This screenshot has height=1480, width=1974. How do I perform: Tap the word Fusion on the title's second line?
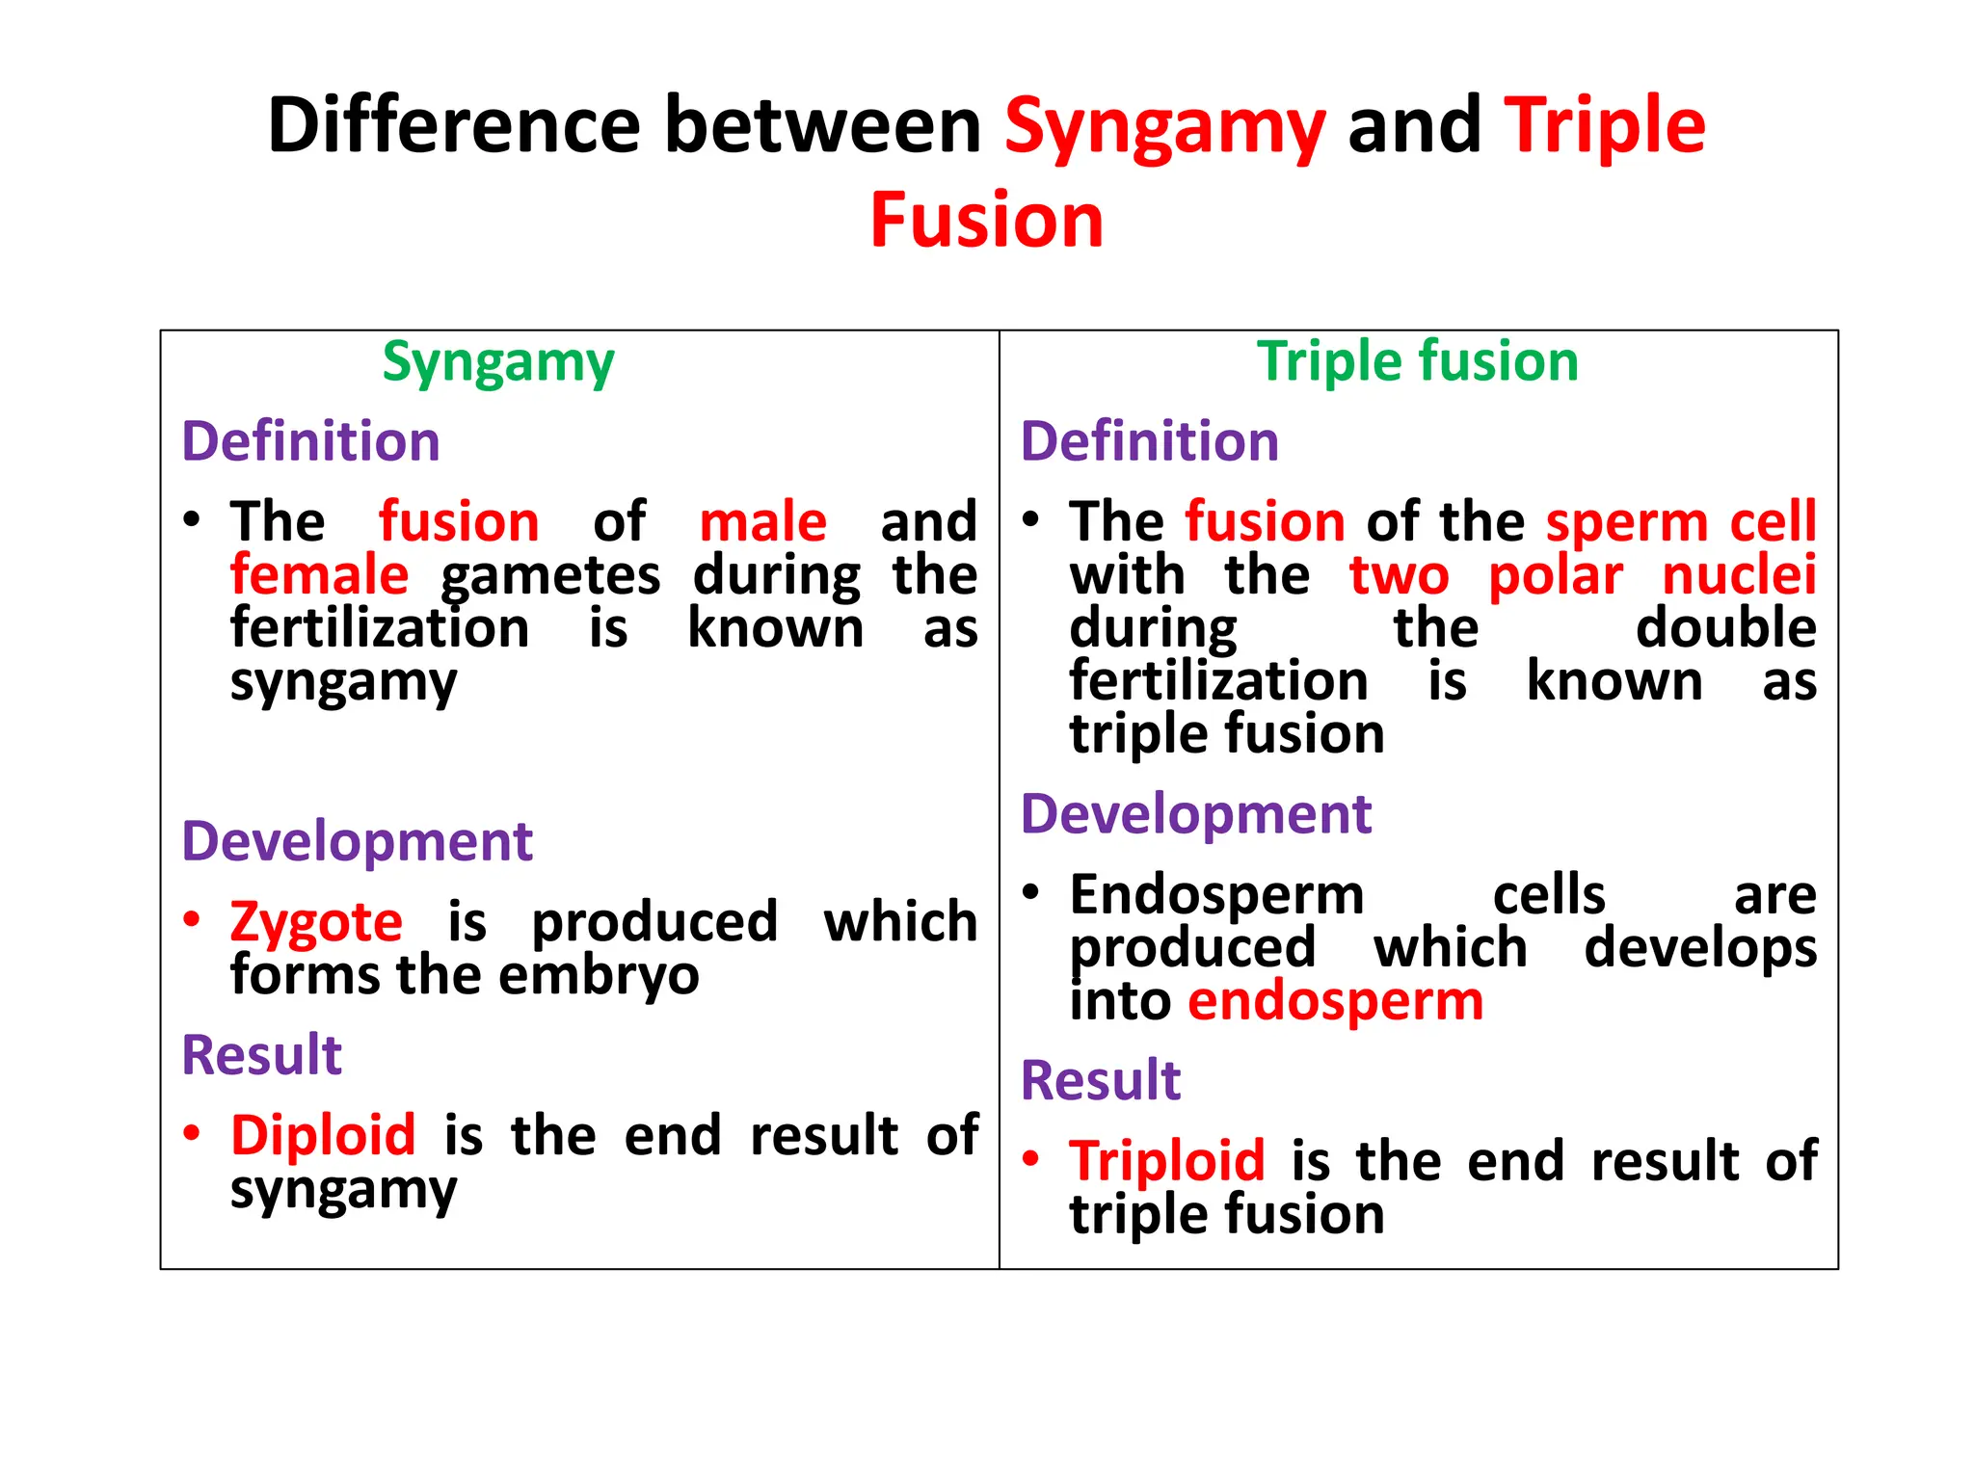pyautogui.click(x=986, y=222)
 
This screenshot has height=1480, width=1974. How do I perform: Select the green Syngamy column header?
pyautogui.click(x=497, y=363)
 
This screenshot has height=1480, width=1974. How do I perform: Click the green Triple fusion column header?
pyautogui.click(x=1417, y=361)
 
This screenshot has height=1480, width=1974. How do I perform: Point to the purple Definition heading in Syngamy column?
pyautogui.click(x=310, y=441)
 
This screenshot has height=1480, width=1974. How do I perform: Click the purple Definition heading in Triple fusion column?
pyautogui.click(x=1149, y=441)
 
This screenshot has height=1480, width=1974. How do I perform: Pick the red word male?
pyautogui.click(x=762, y=522)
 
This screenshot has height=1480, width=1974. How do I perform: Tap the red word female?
pyautogui.click(x=319, y=575)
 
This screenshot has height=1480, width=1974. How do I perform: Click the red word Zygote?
pyautogui.click(x=316, y=922)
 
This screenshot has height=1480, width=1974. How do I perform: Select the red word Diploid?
pyautogui.click(x=323, y=1135)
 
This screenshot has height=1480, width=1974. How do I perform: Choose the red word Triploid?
pyautogui.click(x=1166, y=1160)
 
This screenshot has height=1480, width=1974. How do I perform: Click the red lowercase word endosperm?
pyautogui.click(x=1335, y=1001)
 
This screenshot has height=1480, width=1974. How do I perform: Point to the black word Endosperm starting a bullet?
pyautogui.click(x=1216, y=895)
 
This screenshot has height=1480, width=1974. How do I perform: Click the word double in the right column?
pyautogui.click(x=1725, y=628)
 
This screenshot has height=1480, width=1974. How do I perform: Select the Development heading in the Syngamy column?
pyautogui.click(x=357, y=841)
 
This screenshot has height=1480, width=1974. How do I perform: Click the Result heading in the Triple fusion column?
pyautogui.click(x=1100, y=1080)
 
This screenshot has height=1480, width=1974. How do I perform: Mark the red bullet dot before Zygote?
pyautogui.click(x=192, y=919)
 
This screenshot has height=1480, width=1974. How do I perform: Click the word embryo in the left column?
pyautogui.click(x=599, y=976)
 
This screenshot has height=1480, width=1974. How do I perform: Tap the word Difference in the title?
pyautogui.click(x=453, y=125)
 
